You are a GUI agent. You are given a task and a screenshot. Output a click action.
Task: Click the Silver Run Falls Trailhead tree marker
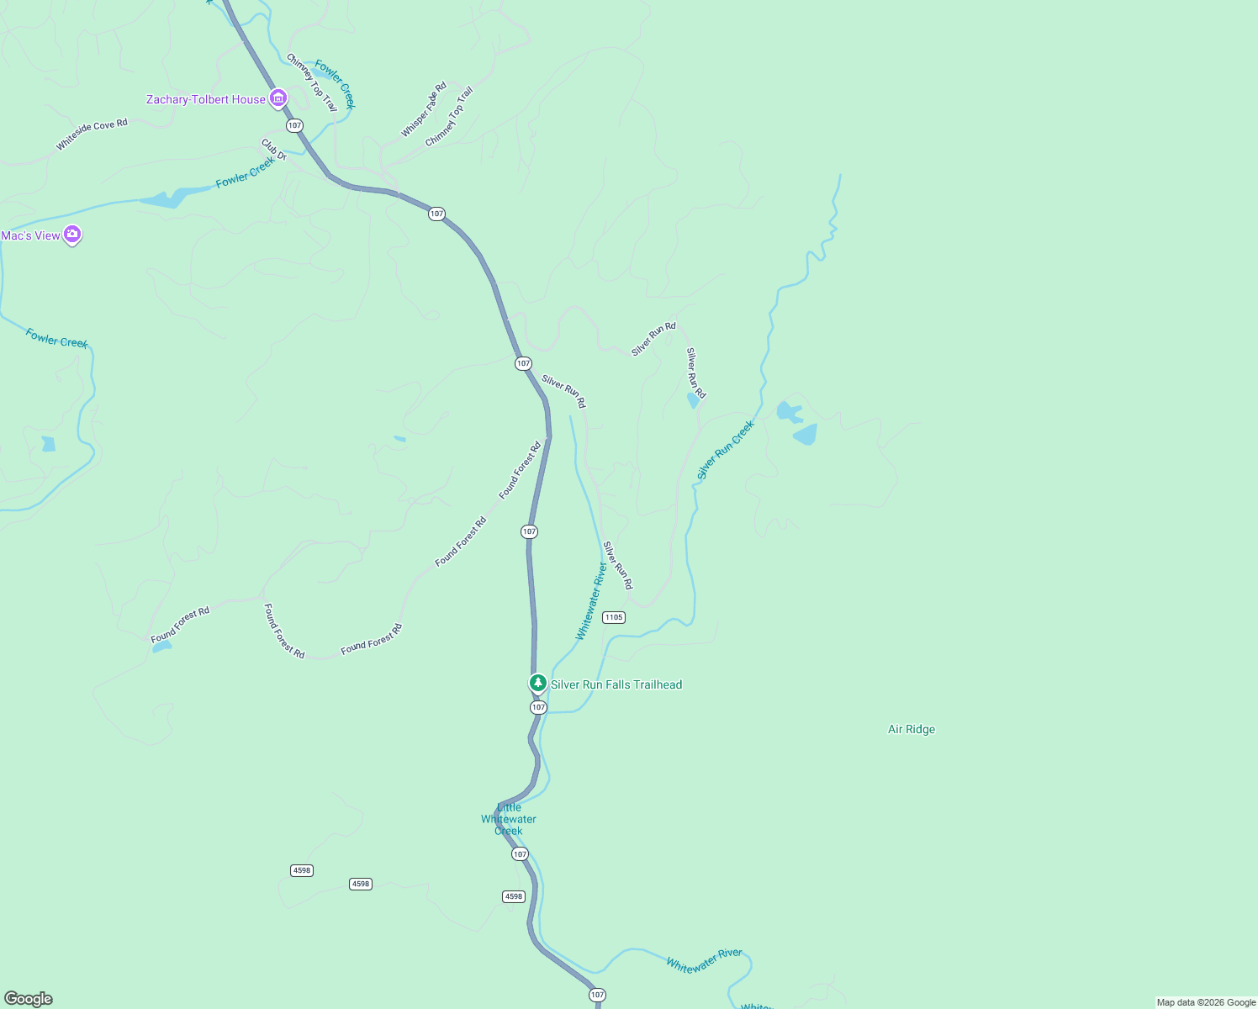pos(537,683)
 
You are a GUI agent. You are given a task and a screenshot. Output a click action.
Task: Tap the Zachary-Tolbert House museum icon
pos(277,99)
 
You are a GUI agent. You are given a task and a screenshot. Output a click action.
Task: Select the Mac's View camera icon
pos(72,235)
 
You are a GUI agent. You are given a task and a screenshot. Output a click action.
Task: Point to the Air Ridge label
pos(912,729)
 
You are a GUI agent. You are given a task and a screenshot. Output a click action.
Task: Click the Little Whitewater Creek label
pos(509,819)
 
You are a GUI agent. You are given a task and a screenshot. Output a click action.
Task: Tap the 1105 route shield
pos(614,617)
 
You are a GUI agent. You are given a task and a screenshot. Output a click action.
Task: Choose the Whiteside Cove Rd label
pos(92,135)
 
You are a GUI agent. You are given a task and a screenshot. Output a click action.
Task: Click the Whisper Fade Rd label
pos(424,109)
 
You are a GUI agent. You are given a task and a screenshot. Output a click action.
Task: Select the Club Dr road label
pos(273,150)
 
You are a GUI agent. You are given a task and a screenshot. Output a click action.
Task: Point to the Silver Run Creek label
pos(726,450)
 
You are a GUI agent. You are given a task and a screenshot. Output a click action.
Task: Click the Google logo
pos(29,999)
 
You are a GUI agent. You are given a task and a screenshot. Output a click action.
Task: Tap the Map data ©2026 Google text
pos(1206,1002)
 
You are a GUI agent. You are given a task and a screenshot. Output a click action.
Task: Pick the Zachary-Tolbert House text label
pos(206,99)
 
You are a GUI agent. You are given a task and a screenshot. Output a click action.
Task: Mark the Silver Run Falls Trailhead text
pos(616,684)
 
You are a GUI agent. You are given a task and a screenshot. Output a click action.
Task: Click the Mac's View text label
pos(31,235)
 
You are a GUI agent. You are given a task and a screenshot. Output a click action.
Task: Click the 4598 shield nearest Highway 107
pos(514,896)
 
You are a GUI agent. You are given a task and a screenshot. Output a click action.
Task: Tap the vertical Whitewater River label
pos(591,601)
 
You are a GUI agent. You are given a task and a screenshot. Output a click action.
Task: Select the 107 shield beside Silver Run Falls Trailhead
pos(539,707)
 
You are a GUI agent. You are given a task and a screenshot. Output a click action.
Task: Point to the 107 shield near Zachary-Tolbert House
pos(293,125)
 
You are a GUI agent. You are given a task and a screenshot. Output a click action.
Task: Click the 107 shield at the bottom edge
pos(597,995)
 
